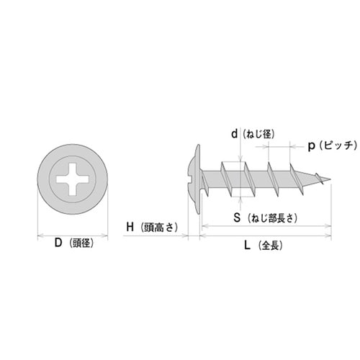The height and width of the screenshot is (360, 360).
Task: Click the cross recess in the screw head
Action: (x=72, y=178)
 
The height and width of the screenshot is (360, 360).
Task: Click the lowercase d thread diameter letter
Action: (x=234, y=133)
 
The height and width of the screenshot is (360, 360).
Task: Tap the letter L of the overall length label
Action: (x=247, y=245)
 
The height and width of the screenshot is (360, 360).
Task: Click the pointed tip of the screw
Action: (x=330, y=179)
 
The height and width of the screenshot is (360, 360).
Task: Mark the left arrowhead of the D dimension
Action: (x=39, y=235)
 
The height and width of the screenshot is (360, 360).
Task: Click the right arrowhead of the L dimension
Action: (x=329, y=235)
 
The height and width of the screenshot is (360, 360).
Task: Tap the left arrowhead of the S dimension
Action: (x=203, y=227)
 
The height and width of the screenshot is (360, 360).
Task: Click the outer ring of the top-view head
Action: (x=72, y=150)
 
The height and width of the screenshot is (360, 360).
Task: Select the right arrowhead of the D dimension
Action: (x=105, y=235)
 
